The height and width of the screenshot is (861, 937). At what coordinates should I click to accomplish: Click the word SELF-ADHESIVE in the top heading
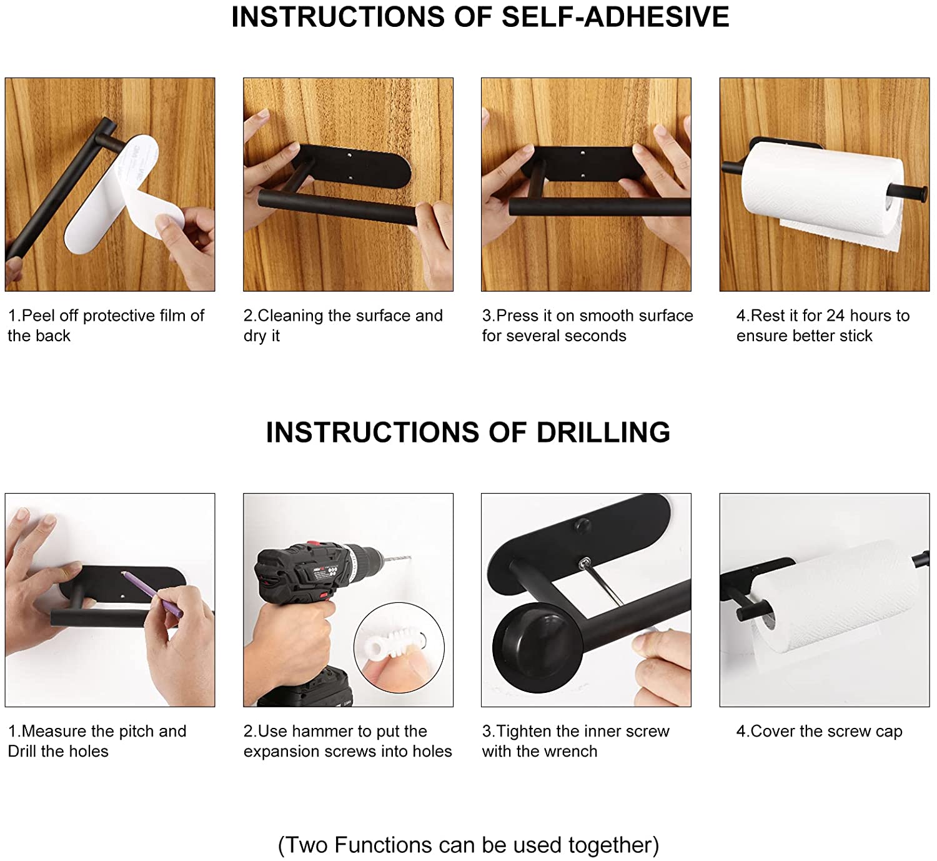click(615, 17)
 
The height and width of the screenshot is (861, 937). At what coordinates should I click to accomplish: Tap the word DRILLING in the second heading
click(603, 432)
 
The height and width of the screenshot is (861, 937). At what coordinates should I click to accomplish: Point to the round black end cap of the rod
click(537, 648)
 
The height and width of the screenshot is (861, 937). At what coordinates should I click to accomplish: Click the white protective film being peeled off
click(124, 196)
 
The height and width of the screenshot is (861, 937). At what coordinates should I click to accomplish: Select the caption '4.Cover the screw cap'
click(819, 732)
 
